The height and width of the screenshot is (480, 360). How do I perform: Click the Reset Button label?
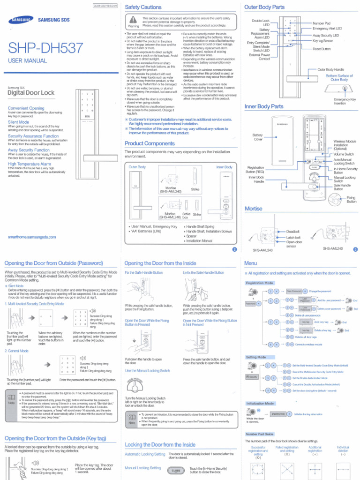(322, 49)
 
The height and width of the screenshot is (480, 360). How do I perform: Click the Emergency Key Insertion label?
(345, 102)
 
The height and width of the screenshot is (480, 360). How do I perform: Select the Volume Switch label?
(344, 154)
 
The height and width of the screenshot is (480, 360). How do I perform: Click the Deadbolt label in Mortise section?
(293, 232)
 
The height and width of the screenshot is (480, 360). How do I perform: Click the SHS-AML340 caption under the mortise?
(262, 250)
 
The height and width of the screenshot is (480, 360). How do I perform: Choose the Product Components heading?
(150, 143)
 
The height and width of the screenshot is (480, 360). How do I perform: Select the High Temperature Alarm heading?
(29, 164)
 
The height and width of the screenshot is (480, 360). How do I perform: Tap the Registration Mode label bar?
(259, 283)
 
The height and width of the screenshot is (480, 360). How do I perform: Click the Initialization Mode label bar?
(260, 403)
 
